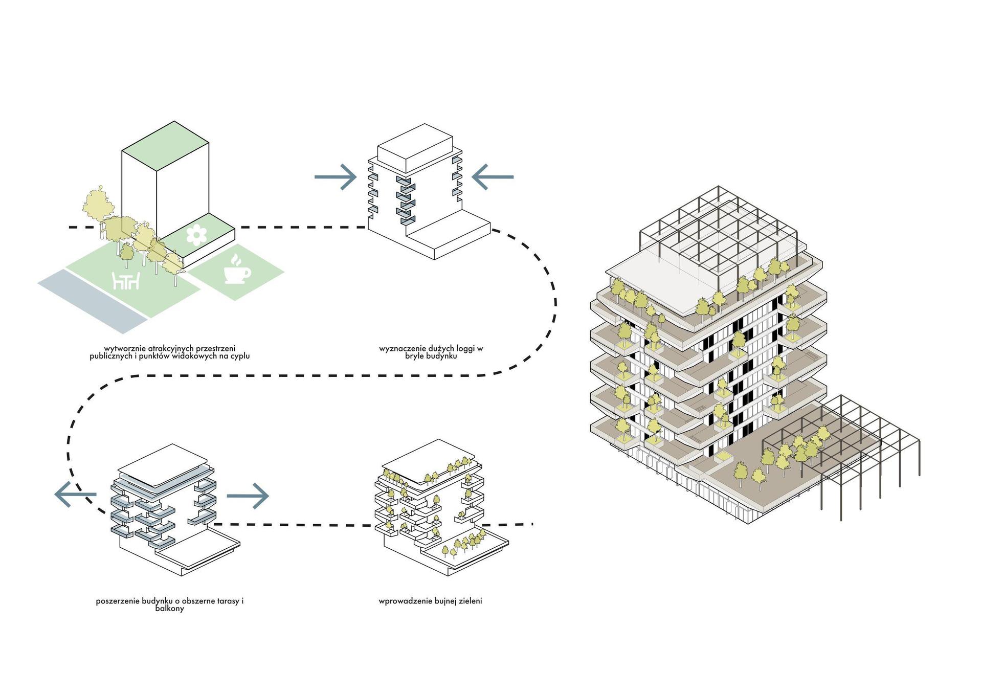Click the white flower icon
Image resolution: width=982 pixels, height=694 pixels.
click(196, 235)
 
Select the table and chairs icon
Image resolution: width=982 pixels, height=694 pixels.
click(126, 281)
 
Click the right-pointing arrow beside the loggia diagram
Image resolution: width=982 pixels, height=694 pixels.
click(336, 177)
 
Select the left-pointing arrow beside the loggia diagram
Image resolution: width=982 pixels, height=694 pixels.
click(492, 177)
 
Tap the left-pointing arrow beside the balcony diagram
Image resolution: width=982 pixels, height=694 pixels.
click(75, 495)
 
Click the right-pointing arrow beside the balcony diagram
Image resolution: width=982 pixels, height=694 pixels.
click(248, 495)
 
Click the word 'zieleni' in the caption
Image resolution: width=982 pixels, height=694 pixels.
click(469, 601)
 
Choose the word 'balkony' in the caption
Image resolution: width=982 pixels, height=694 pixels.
click(169, 609)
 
